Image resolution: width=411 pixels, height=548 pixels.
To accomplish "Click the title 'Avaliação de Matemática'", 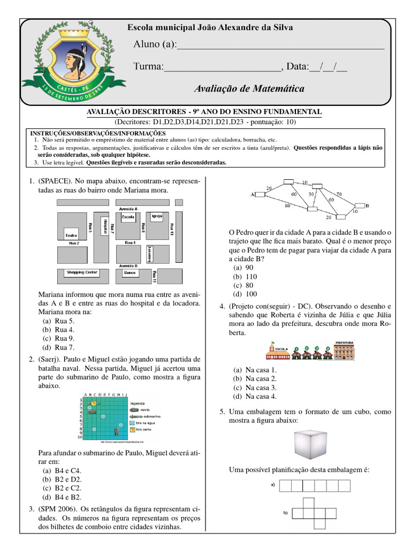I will (x=249, y=88).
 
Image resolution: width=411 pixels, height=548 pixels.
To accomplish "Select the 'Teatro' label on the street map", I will (x=71, y=235).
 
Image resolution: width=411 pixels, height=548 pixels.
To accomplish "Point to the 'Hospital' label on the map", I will (x=106, y=226).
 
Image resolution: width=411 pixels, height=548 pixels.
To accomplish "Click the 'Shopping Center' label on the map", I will (x=82, y=272).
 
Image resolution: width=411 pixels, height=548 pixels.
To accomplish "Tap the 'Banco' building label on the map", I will (x=129, y=273).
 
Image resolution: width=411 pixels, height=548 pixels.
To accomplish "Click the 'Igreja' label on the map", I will (x=157, y=217).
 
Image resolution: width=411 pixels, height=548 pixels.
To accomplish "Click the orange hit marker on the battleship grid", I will (x=94, y=402).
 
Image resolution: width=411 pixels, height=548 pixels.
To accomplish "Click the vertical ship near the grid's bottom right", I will (x=116, y=430).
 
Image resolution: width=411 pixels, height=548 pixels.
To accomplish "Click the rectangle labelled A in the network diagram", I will (x=262, y=195).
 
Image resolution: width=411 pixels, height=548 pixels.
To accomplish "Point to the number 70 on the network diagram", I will (x=338, y=195).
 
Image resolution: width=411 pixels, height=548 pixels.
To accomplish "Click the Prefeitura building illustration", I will (x=345, y=350).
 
